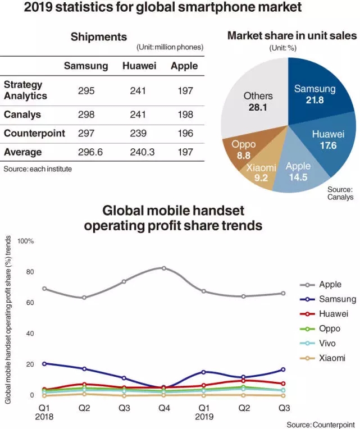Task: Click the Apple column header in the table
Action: point(184,66)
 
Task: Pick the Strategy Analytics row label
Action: point(25,90)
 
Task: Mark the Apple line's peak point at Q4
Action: point(164,268)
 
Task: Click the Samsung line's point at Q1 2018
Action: point(44,363)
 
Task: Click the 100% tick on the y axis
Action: point(26,241)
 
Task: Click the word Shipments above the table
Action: point(99,37)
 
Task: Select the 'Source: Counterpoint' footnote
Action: point(320,425)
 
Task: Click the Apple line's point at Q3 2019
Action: point(283,293)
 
